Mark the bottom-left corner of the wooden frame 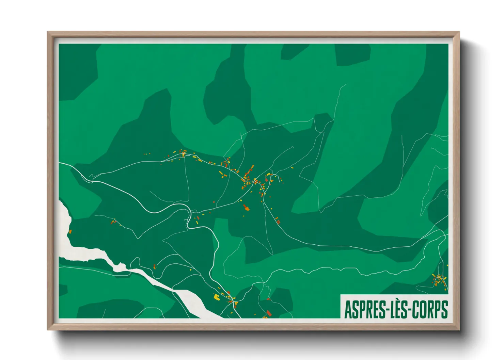(x=48, y=329)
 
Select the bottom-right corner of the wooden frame (x=459, y=329)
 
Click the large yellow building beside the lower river (x=216, y=297)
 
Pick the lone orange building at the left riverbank (x=70, y=232)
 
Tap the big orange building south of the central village (x=247, y=208)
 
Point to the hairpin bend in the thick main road (x=188, y=218)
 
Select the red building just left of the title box (x=269, y=313)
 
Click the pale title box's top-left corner (x=341, y=295)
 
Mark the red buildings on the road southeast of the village (x=278, y=221)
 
